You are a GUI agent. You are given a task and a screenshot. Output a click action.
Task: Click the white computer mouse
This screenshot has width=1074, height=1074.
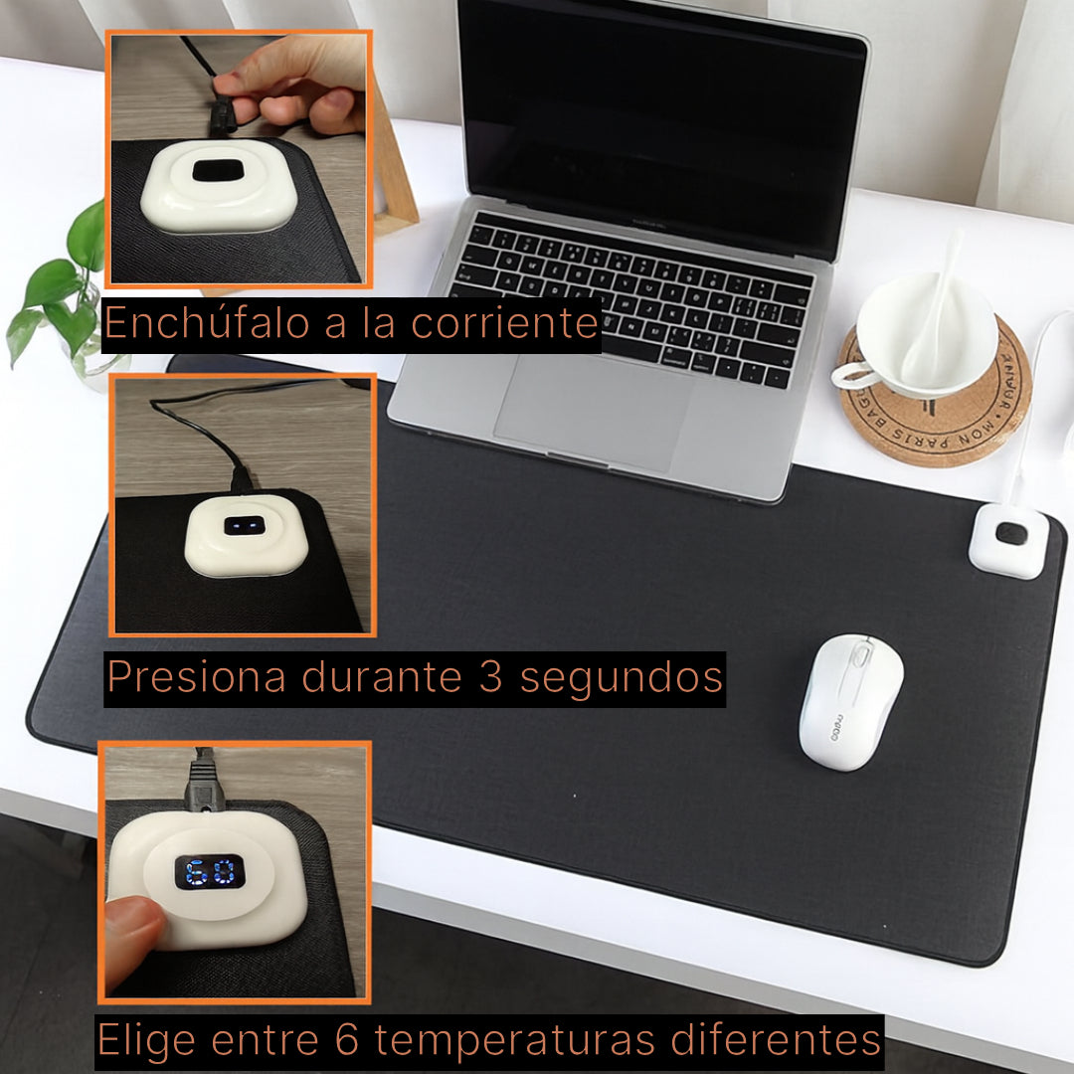(x=850, y=701)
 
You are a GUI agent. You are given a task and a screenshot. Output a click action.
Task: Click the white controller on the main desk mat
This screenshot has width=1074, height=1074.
(x=1007, y=540)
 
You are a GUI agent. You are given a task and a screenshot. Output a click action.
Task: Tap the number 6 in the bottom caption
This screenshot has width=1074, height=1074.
(x=337, y=1040)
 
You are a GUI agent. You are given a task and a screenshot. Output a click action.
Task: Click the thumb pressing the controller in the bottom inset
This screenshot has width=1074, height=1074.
(x=134, y=930)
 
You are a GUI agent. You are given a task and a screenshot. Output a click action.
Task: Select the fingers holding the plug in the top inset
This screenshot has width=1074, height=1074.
(x=288, y=94)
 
